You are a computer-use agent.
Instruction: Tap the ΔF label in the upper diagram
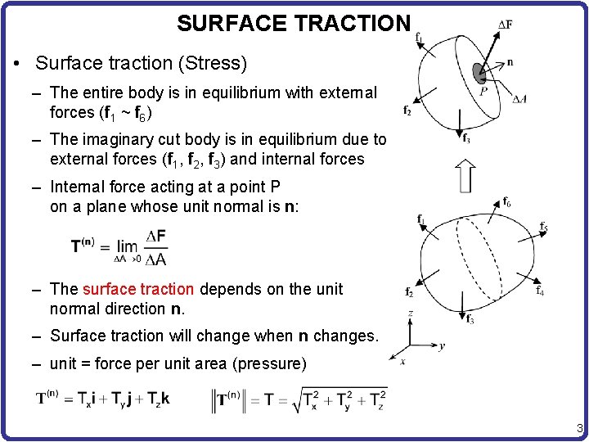click(506, 25)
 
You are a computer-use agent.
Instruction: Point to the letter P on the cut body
click(483, 92)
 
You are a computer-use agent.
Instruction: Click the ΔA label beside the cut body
click(519, 99)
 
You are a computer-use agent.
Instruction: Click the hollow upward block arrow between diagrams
click(465, 175)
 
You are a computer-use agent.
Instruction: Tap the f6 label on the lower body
click(507, 202)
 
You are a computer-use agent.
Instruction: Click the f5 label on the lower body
click(543, 227)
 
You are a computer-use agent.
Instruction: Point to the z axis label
click(410, 313)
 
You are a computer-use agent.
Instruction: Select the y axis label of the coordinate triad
click(442, 345)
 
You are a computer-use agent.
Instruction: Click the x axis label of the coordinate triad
click(402, 360)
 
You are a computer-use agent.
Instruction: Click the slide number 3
click(579, 428)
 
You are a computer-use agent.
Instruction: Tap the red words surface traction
click(138, 289)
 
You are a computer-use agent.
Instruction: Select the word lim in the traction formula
click(127, 246)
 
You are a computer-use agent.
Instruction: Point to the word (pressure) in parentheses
click(272, 363)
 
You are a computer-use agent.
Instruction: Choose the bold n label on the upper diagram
click(510, 61)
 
